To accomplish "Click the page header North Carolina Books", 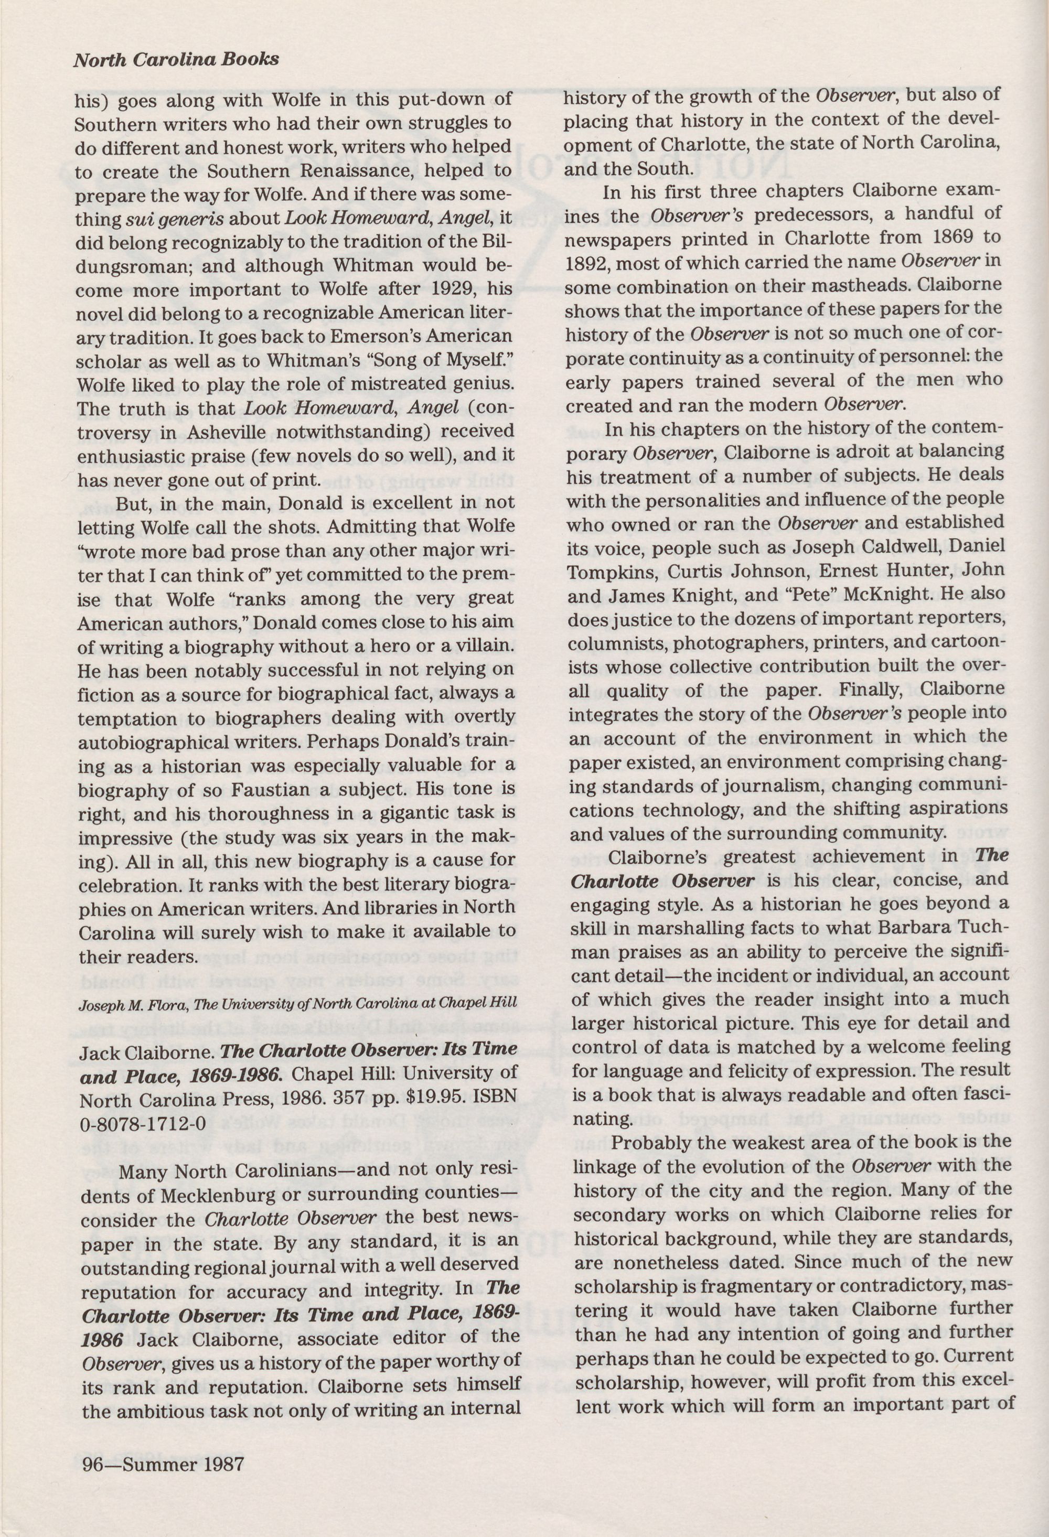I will coord(175,60).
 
